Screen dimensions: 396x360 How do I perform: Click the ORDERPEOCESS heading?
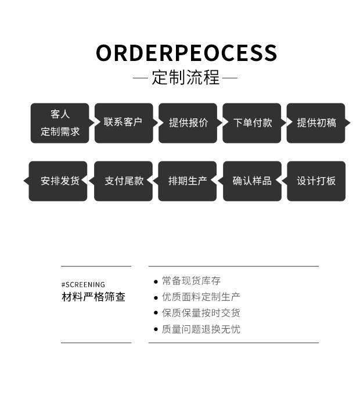coord(186,53)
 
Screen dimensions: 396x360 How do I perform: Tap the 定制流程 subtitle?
coord(186,78)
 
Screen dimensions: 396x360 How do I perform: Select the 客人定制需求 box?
coord(60,123)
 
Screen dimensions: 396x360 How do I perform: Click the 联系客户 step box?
coord(123,123)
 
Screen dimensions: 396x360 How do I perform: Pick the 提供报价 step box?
coord(188,123)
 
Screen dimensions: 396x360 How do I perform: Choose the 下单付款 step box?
coord(252,123)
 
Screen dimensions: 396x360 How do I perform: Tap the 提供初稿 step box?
coord(316,123)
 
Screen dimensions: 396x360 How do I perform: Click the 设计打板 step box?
coord(316,181)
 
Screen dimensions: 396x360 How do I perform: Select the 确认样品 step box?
coord(252,181)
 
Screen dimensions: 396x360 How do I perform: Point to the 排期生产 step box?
coord(187,181)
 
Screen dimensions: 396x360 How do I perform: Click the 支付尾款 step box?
coord(123,181)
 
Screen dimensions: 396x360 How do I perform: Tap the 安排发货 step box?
coord(59,181)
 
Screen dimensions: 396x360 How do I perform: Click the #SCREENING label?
coord(83,285)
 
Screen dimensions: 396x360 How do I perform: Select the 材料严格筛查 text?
coord(93,297)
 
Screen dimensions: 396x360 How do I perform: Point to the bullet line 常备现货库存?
coord(191,281)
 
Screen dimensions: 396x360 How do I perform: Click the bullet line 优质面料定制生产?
coord(201,297)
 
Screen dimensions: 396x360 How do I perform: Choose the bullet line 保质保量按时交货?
coord(201,313)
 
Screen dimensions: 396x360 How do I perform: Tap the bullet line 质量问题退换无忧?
coord(201,329)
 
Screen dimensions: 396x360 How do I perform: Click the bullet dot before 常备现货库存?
coord(156,282)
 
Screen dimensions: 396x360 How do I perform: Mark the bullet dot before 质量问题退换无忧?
coord(156,330)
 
